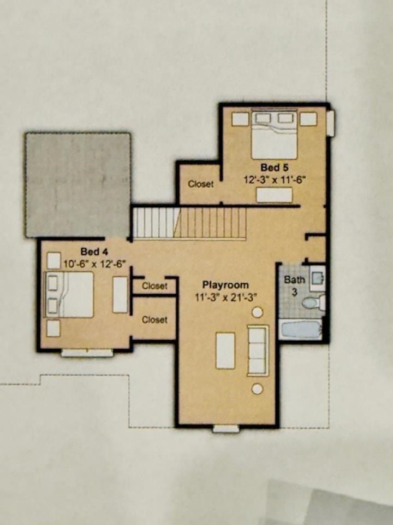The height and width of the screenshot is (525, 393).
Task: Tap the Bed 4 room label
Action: point(94,252)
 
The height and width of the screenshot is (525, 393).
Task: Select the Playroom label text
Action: point(225,285)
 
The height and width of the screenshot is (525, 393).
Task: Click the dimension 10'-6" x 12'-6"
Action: point(94,263)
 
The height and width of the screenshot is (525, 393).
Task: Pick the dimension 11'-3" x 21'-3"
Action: point(225,297)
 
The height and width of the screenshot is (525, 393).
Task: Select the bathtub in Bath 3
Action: point(301,330)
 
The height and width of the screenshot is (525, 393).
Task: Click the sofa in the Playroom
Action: point(258,350)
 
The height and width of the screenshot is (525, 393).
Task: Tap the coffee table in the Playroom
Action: point(225,351)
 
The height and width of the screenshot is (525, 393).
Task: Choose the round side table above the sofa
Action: point(257,312)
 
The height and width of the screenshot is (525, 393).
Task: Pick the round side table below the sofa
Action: point(257,389)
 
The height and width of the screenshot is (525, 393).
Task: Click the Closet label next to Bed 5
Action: point(201,184)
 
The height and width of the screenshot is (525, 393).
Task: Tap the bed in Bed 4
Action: point(69,294)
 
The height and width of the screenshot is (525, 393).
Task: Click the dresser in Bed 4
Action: point(120,295)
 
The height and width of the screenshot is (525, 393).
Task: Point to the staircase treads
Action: point(189,222)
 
